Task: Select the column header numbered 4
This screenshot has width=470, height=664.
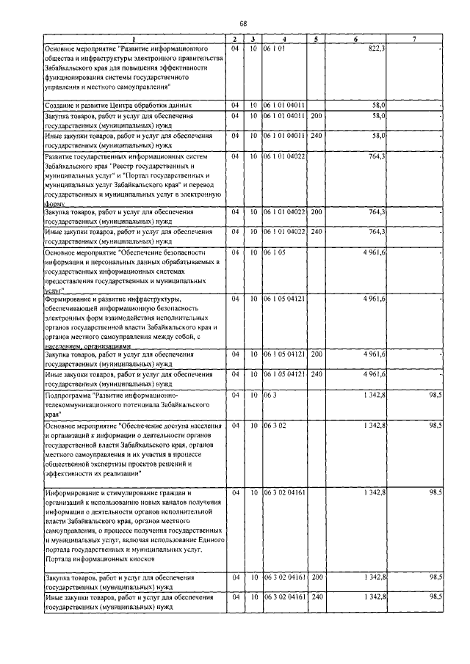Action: click(285, 39)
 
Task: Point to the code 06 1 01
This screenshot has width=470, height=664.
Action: click(274, 48)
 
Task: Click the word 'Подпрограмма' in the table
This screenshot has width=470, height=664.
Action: click(67, 395)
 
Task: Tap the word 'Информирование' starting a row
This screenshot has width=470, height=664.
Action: click(76, 492)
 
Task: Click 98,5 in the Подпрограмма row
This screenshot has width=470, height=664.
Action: click(435, 395)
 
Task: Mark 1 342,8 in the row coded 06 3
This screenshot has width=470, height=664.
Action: click(374, 395)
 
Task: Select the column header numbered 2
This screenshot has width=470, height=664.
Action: click(234, 39)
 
